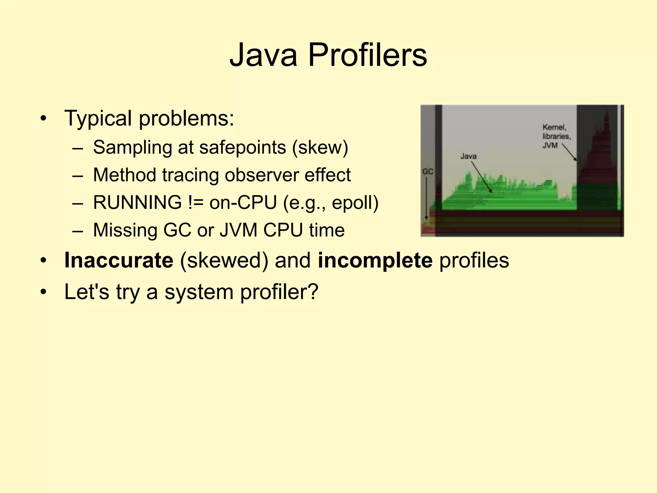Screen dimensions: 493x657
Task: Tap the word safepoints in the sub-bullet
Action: click(x=242, y=148)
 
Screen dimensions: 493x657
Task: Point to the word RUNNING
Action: click(x=138, y=203)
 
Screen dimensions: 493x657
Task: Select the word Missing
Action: click(x=125, y=230)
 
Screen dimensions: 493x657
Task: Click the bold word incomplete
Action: click(x=375, y=261)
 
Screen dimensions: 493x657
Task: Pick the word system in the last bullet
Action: click(x=199, y=292)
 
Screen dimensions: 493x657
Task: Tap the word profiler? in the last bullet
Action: click(x=279, y=292)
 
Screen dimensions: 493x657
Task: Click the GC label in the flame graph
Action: click(x=428, y=172)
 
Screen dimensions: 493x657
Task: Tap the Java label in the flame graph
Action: click(x=468, y=156)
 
